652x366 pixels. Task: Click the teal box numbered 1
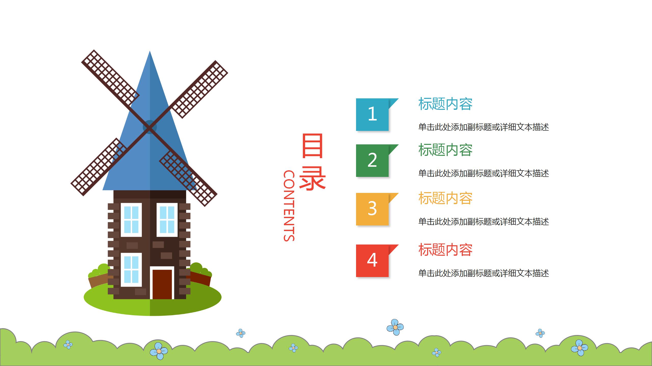pyautogui.click(x=372, y=114)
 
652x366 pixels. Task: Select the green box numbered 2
pyautogui.click(x=372, y=160)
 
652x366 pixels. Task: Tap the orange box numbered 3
pyautogui.click(x=372, y=209)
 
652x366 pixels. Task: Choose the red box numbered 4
pyautogui.click(x=372, y=261)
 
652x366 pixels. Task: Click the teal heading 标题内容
pyautogui.click(x=445, y=104)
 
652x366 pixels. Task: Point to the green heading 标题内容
pyautogui.click(x=445, y=150)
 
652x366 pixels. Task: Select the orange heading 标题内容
pyautogui.click(x=445, y=198)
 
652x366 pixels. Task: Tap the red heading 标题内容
pyautogui.click(x=445, y=250)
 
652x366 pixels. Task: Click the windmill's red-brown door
pyautogui.click(x=162, y=284)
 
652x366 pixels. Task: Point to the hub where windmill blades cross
pyautogui.click(x=150, y=127)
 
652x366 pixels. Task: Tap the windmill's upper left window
pyautogui.click(x=131, y=220)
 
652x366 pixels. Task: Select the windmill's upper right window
pyautogui.click(x=167, y=220)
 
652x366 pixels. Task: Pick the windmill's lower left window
pyautogui.click(x=131, y=269)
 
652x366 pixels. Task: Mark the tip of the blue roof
pyautogui.click(x=150, y=52)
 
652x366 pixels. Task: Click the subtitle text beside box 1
pyautogui.click(x=483, y=127)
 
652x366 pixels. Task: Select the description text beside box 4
pyautogui.click(x=483, y=273)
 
